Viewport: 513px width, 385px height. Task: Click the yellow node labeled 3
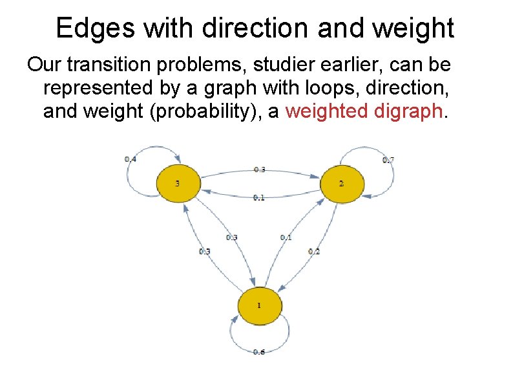[178, 184]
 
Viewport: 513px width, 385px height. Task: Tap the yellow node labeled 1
[259, 305]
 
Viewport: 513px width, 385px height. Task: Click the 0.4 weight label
[131, 159]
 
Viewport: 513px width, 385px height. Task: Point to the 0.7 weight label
[388, 160]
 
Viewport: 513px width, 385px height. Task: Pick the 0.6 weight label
[259, 351]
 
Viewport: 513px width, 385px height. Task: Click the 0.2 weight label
[314, 251]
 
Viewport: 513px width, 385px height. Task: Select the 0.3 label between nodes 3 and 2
[259, 170]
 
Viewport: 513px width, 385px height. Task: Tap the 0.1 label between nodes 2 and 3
[259, 198]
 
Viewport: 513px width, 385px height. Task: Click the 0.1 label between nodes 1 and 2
[286, 237]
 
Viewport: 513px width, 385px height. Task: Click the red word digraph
[410, 111]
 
